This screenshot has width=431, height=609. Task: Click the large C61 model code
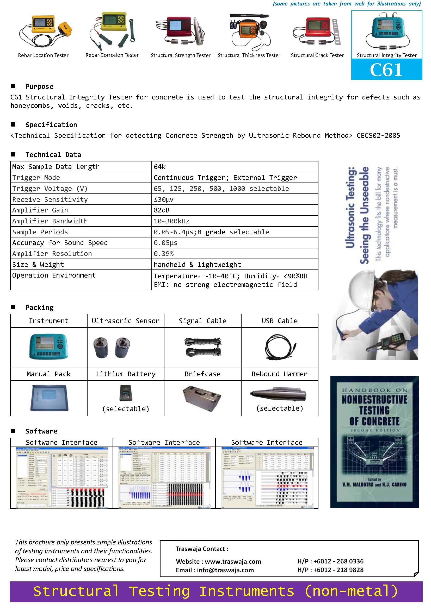coord(386,70)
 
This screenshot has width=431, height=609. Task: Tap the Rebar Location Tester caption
coord(43,55)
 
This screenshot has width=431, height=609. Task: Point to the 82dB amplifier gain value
coord(162,210)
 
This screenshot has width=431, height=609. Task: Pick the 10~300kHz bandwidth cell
coord(171,221)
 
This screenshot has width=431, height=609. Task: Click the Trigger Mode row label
coord(36,178)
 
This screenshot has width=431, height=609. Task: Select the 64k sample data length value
coord(159,167)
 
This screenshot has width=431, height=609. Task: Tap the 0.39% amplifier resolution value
coord(163,254)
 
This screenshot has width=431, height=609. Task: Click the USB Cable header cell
coord(279,321)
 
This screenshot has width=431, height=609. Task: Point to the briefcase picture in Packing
coord(202,397)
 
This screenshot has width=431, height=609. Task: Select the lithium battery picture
coord(126,393)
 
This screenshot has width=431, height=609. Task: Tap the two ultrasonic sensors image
coord(112,347)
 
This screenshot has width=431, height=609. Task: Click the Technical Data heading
coord(53,155)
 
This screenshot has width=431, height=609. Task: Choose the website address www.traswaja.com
coord(233,562)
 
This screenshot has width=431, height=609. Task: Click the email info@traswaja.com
coord(225,570)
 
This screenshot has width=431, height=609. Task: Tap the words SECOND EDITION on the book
coord(374,430)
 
